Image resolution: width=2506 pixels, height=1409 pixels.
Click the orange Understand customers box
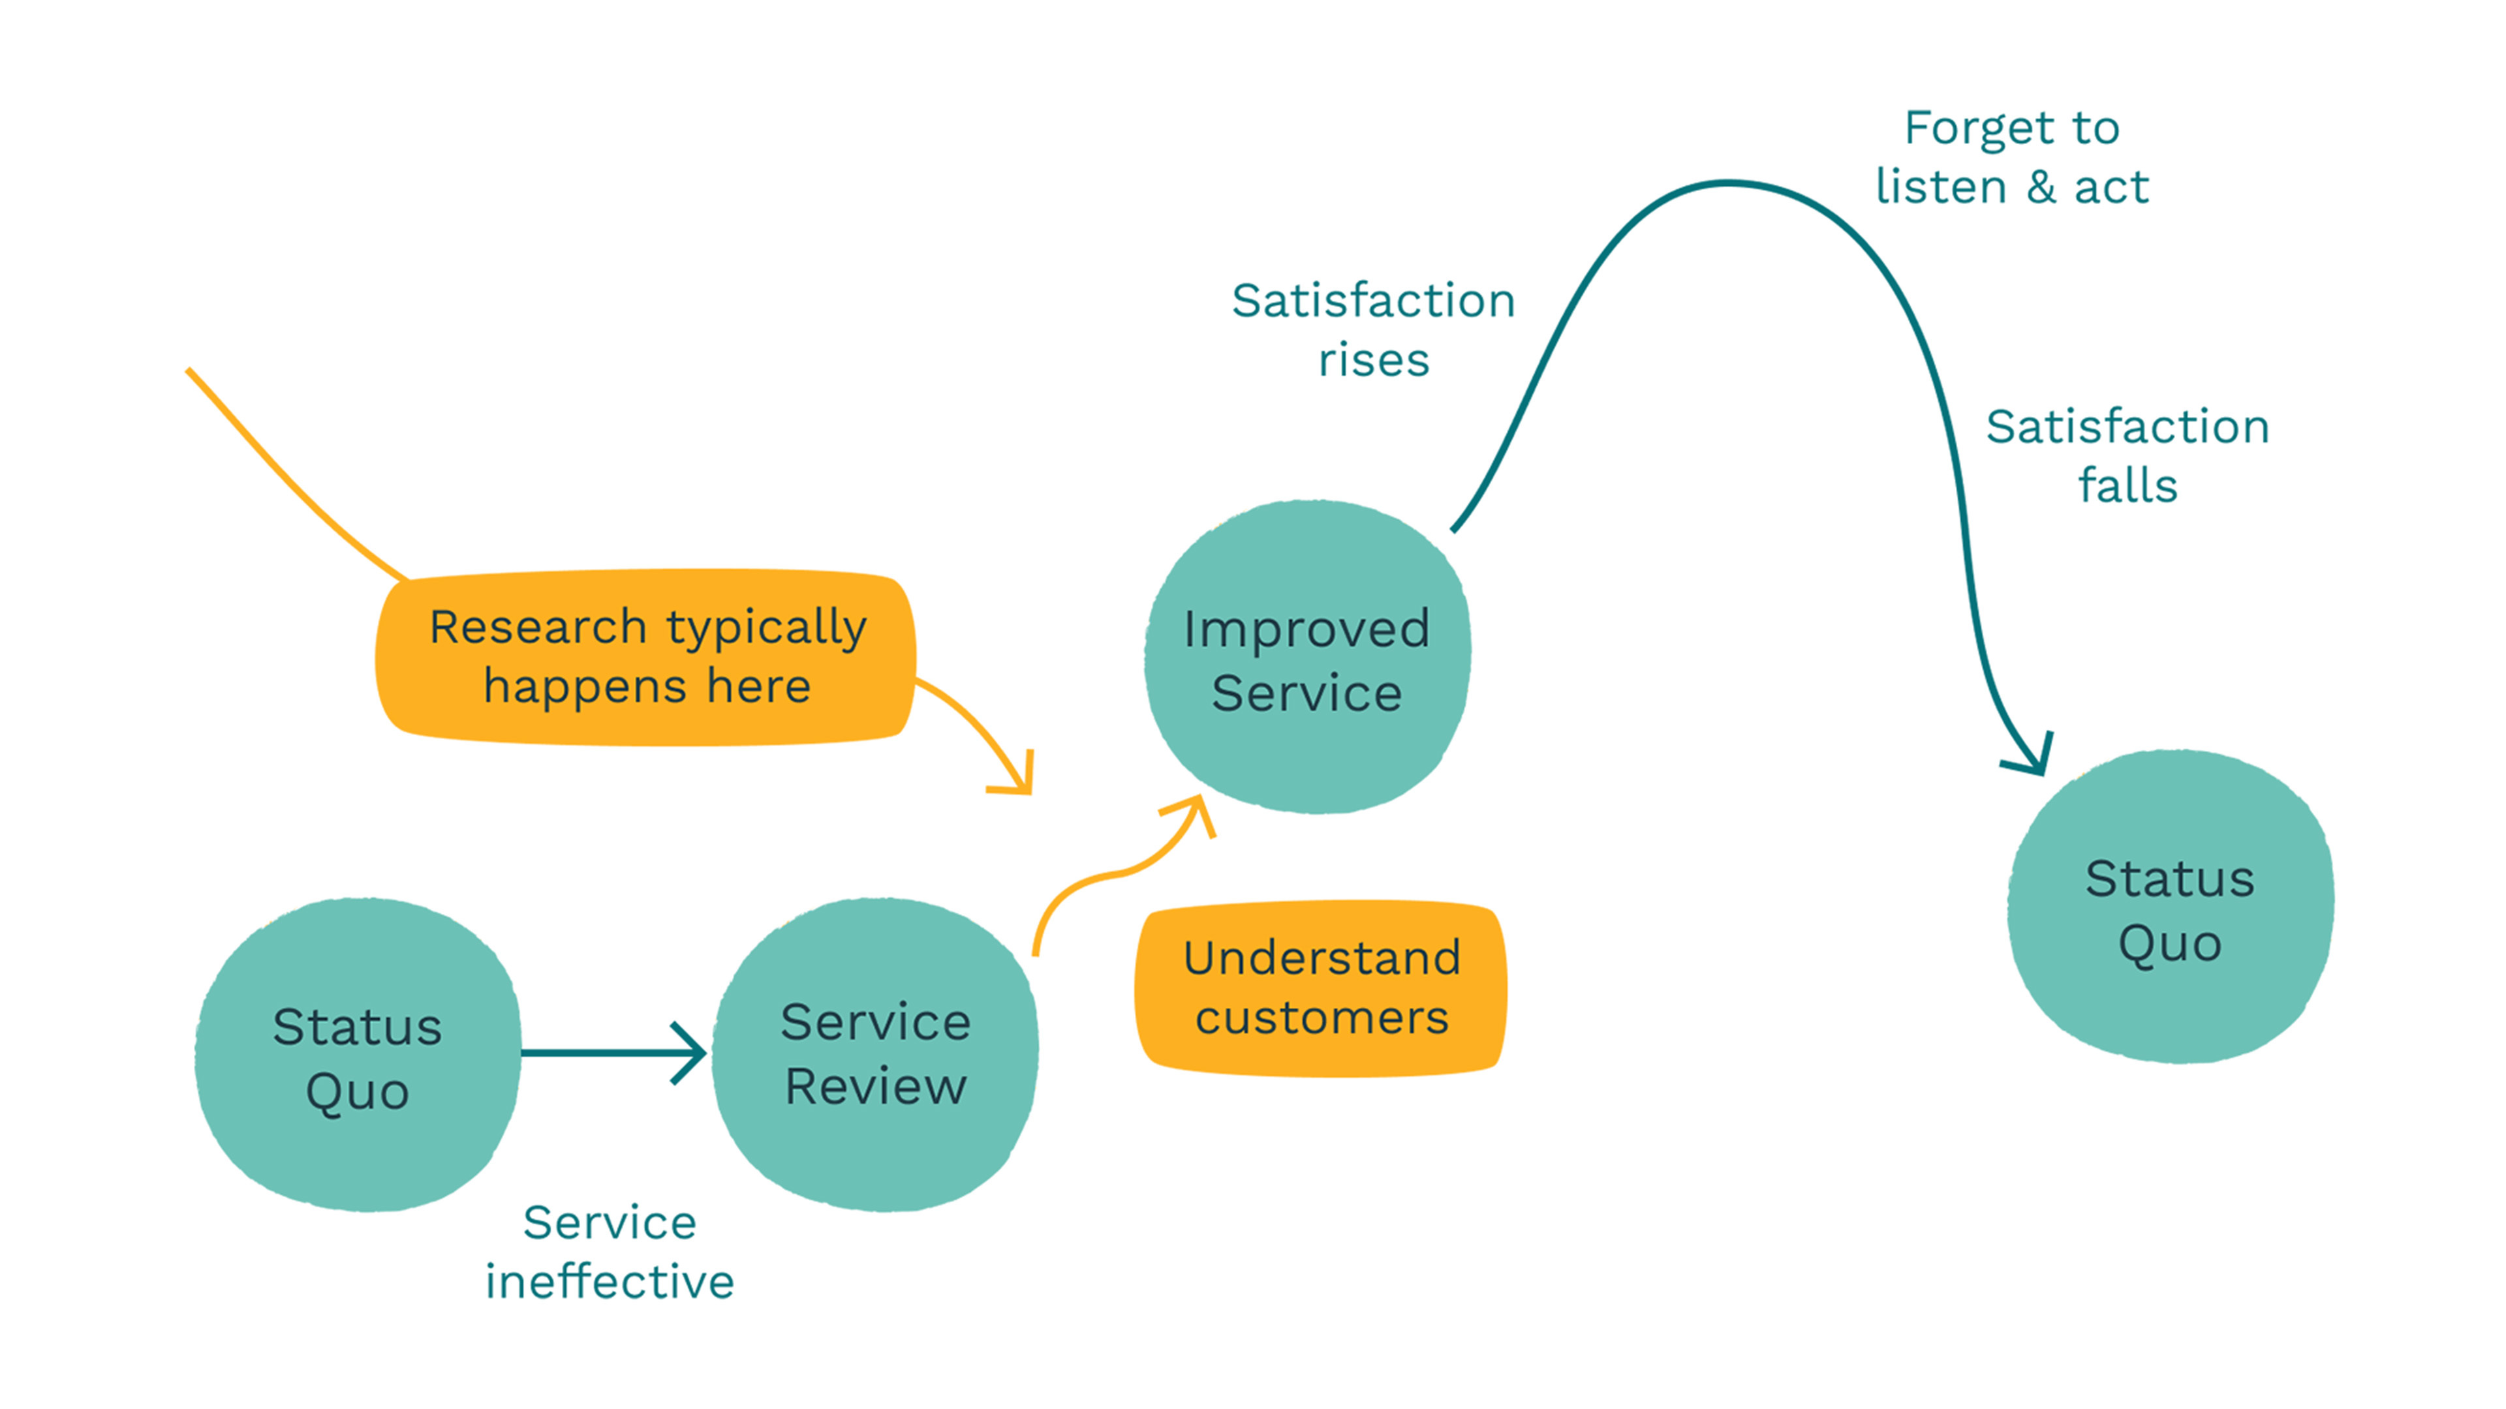[x=1321, y=989]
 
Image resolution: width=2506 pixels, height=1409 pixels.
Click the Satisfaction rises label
[x=1372, y=329]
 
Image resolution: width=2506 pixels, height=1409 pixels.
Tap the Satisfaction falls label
[x=2127, y=455]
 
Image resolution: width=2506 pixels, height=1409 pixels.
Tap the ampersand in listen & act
[x=2041, y=187]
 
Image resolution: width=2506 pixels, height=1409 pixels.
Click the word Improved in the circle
[x=1307, y=629]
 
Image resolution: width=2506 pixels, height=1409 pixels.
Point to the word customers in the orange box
[x=1321, y=1018]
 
